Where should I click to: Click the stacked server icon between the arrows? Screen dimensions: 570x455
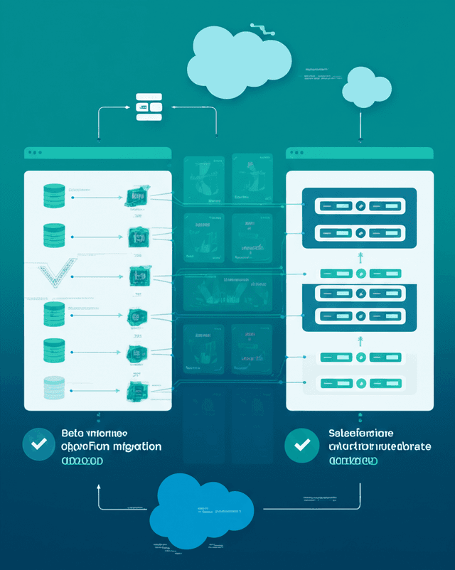(149, 107)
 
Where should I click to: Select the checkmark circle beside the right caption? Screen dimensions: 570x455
(301, 445)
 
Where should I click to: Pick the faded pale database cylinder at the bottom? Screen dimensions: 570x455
(54, 387)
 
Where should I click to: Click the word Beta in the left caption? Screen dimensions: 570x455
(72, 433)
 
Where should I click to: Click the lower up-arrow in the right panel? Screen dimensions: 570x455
(360, 340)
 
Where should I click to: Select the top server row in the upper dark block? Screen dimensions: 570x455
(359, 206)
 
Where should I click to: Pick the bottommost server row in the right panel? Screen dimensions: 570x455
(359, 385)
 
